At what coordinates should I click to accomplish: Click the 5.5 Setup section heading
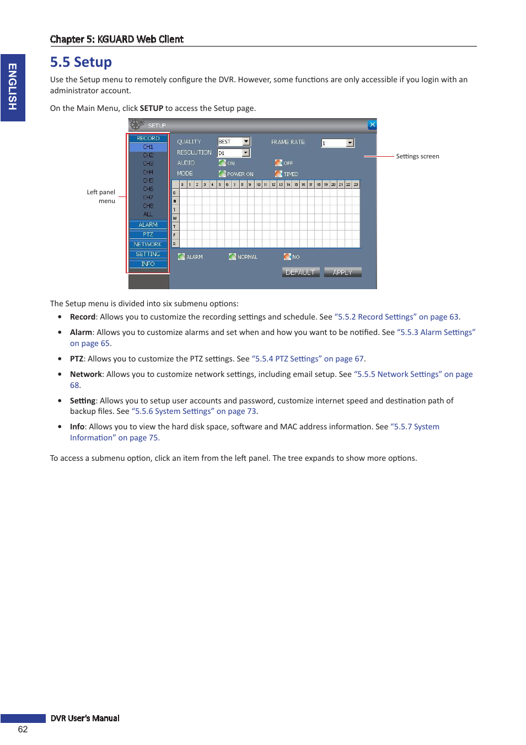(x=81, y=62)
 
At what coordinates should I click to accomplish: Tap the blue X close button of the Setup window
(x=372, y=125)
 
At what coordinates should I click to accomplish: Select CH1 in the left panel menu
(x=148, y=147)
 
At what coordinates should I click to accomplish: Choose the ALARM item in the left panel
(x=148, y=225)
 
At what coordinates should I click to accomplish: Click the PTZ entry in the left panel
(x=148, y=235)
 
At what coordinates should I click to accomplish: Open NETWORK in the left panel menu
(x=148, y=244)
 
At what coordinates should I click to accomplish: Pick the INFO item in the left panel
(x=148, y=264)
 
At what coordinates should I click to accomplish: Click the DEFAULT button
(x=300, y=273)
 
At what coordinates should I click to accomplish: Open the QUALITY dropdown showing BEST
(x=234, y=142)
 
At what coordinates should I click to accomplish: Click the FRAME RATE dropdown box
(x=337, y=143)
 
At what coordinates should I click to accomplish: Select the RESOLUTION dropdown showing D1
(x=234, y=153)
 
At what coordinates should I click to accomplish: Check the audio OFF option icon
(x=278, y=163)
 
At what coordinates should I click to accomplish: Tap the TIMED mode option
(x=287, y=174)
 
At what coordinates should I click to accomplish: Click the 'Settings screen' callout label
(x=417, y=157)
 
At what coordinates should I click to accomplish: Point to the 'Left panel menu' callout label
(x=101, y=196)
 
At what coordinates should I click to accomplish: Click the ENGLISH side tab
(x=13, y=87)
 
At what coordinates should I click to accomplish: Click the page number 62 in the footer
(x=23, y=730)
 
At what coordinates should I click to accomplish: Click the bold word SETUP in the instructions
(x=152, y=109)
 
